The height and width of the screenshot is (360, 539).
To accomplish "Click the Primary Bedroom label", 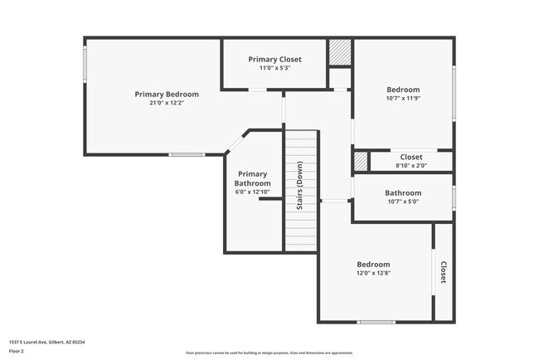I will point(167,94).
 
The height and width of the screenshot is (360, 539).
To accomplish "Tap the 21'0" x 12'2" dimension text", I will point(167,103).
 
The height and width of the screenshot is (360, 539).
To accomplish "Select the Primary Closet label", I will point(274,60).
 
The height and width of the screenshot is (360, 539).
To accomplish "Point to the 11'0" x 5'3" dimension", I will point(274,69).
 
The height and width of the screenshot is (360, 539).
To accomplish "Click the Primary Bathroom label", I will point(252,178).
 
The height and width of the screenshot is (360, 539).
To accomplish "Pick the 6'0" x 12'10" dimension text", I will point(252,192).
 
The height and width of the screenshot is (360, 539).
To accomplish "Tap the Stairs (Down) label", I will point(300,190).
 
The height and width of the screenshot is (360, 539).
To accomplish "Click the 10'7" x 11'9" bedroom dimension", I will point(403,99).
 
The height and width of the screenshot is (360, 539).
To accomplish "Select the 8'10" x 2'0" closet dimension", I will point(411,166).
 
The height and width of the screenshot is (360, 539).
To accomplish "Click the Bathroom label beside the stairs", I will point(403,193).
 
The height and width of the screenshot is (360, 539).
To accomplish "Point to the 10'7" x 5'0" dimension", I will point(403,202).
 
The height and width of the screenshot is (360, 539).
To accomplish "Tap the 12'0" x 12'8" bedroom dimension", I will point(373,272).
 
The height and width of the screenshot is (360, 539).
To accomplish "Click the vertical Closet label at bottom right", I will point(443,273).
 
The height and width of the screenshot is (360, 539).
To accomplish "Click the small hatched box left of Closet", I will point(361,161).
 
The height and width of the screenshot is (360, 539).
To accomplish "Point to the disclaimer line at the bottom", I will point(269,353).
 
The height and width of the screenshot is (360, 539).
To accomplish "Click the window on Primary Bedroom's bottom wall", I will point(187,154).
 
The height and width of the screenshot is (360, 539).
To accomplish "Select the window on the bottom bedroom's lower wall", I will point(375,322).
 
